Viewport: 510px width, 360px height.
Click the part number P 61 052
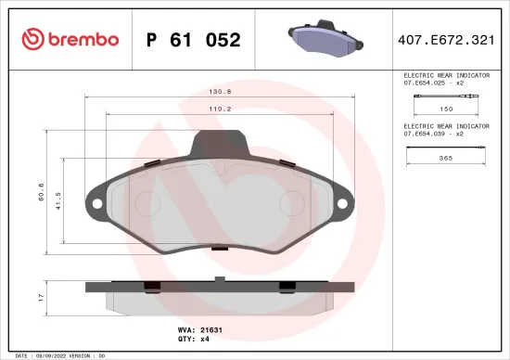coord(194,40)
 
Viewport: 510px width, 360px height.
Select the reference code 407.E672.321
coord(453,40)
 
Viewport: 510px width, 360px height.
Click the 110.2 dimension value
coord(220,108)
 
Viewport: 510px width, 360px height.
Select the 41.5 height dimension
coord(57,200)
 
